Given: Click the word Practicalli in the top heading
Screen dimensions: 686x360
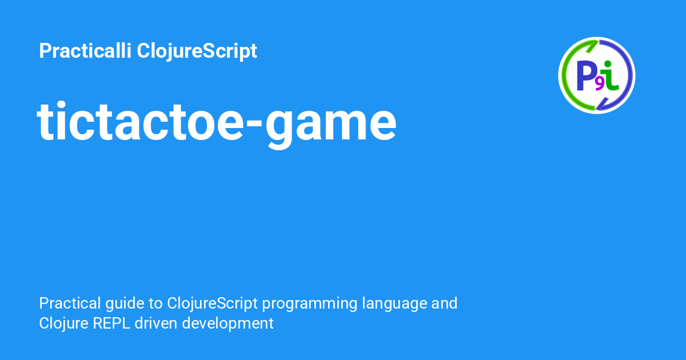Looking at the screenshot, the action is click(85, 50).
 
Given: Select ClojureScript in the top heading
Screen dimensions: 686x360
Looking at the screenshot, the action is click(197, 51).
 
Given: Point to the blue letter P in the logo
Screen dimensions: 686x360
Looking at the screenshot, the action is click(585, 75).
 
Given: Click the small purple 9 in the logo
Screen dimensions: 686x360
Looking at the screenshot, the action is click(599, 84).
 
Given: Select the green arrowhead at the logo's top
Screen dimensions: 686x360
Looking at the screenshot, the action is click(593, 46).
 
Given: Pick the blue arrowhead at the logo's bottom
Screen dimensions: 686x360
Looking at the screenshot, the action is click(602, 104).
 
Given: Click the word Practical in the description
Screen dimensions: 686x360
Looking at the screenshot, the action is click(70, 303).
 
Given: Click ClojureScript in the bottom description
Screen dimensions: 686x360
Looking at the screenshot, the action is click(212, 304).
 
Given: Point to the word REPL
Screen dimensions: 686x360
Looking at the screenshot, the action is click(111, 323).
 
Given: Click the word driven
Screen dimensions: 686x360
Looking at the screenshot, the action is click(155, 323).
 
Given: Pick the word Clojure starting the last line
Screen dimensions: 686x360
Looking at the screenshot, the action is click(63, 324).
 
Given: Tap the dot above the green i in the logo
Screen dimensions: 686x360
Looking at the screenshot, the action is click(608, 63).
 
